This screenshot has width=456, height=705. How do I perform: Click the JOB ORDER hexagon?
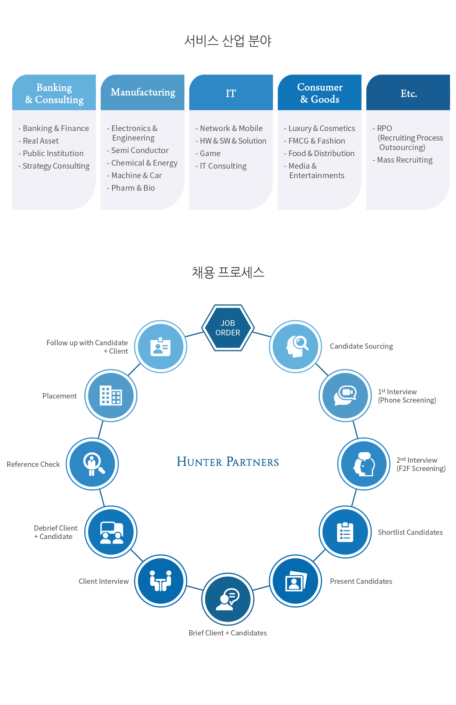pos(228,328)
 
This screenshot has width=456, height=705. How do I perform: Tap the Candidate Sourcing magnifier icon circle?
pos(295,346)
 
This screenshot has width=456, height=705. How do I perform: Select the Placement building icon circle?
pos(111,395)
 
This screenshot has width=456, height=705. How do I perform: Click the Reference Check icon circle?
pos(92,464)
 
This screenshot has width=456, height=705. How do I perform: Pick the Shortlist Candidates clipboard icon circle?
pos(345,532)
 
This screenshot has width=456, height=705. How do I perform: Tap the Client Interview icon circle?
pos(161,581)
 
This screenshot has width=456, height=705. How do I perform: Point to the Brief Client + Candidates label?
pos(228,633)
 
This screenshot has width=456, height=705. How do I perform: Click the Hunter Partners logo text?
pos(228,462)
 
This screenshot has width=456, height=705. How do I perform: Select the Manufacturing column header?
pos(142,92)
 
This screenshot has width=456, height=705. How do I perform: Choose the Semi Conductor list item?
pos(138,150)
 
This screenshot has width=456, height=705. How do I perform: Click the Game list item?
pos(208,153)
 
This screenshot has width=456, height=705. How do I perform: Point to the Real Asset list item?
pos(38,141)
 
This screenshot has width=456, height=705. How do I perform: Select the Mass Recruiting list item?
pos(402,160)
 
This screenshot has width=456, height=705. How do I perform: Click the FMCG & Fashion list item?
pos(315,141)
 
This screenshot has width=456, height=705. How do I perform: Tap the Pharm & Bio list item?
pos(131,188)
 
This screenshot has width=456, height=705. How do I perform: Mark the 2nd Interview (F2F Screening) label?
pos(421,464)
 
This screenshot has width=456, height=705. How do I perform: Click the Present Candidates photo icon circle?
pos(295,581)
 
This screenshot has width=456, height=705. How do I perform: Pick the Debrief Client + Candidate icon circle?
pos(111,532)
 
